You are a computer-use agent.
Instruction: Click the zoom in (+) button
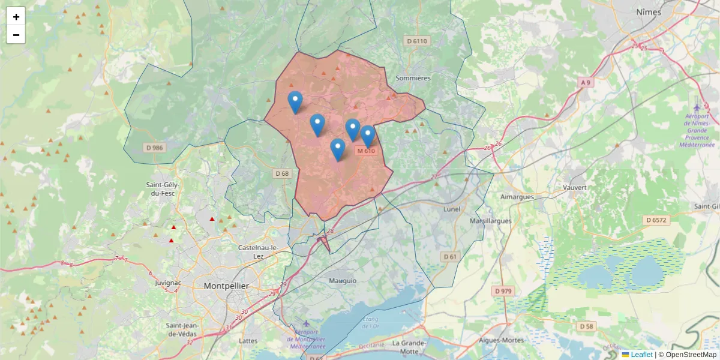16,17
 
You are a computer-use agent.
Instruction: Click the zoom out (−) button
16,35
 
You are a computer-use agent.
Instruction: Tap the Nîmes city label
649,12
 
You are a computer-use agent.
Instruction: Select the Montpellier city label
226,286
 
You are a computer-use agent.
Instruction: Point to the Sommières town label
413,78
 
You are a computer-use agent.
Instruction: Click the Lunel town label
451,209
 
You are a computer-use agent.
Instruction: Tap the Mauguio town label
343,280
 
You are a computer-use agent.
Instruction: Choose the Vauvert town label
574,187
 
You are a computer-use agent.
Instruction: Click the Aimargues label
517,196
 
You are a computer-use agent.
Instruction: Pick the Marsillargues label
491,220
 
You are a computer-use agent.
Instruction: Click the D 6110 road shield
416,41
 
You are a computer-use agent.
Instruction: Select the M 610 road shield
366,151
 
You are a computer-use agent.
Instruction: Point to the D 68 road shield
282,173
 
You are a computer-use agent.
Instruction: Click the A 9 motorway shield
586,82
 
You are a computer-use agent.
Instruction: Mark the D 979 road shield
503,291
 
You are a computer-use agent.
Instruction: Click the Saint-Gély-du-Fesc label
163,189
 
